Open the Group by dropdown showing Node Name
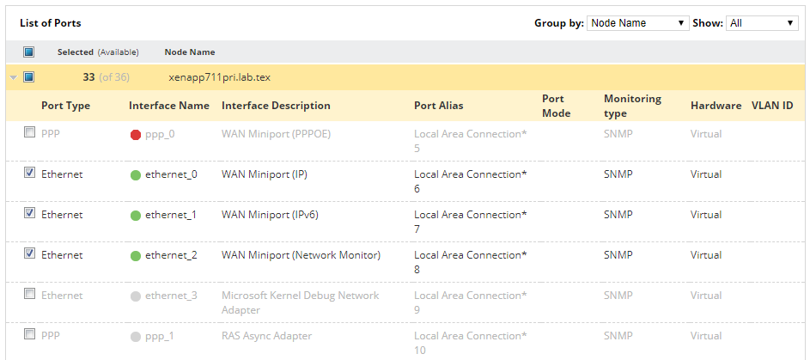(x=637, y=23)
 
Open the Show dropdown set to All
(x=762, y=23)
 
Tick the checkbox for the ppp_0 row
(x=29, y=132)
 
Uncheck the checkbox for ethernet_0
(x=29, y=173)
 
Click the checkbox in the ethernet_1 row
(x=29, y=213)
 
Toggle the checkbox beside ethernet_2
(x=29, y=253)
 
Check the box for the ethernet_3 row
(x=29, y=294)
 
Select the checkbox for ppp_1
(x=29, y=334)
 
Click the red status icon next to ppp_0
(x=136, y=135)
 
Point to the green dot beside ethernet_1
(x=136, y=216)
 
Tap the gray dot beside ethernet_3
(x=136, y=296)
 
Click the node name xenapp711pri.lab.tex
(x=220, y=77)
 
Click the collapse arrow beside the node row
(x=14, y=78)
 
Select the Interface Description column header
(x=276, y=106)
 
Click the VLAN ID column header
(x=772, y=106)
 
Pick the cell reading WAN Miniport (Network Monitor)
(x=301, y=255)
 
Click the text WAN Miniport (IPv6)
(x=270, y=215)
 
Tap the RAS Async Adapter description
(x=266, y=336)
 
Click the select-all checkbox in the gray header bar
(x=29, y=52)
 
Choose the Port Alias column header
(x=439, y=106)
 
